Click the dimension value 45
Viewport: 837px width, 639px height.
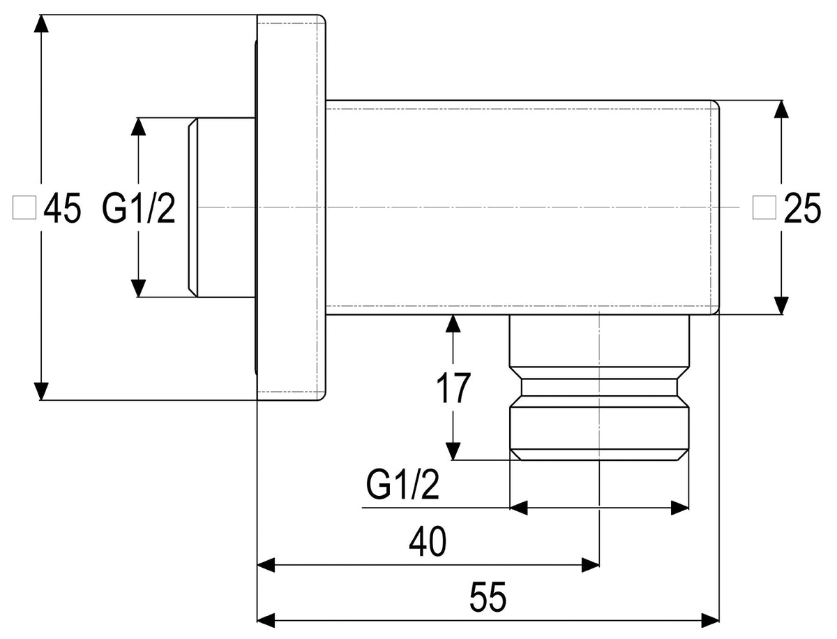(62, 207)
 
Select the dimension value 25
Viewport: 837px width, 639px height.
(802, 207)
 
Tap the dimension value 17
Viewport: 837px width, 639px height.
(453, 388)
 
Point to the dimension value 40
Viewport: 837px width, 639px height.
(428, 542)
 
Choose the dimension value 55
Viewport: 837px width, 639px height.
(488, 597)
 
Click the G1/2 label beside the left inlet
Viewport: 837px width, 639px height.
(138, 207)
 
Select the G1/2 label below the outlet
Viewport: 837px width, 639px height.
(402, 485)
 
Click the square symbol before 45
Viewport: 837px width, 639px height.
(24, 207)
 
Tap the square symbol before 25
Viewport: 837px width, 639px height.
(764, 207)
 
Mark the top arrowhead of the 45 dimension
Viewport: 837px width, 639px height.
(41, 24)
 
